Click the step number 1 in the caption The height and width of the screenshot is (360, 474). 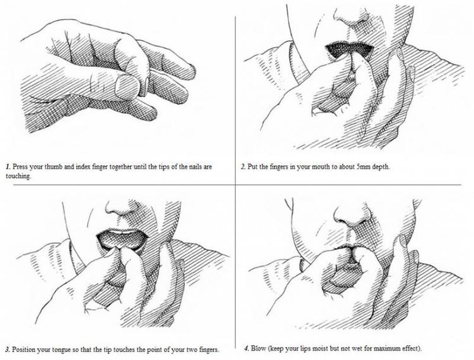tap(8, 167)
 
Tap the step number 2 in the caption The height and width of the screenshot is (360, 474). tap(244, 167)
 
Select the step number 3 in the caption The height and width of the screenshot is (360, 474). tap(8, 350)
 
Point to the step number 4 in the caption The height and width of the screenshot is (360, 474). tap(246, 349)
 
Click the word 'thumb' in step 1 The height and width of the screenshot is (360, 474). tap(53, 167)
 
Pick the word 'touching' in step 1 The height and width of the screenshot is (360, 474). tap(18, 176)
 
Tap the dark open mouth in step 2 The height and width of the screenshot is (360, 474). tap(349, 50)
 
